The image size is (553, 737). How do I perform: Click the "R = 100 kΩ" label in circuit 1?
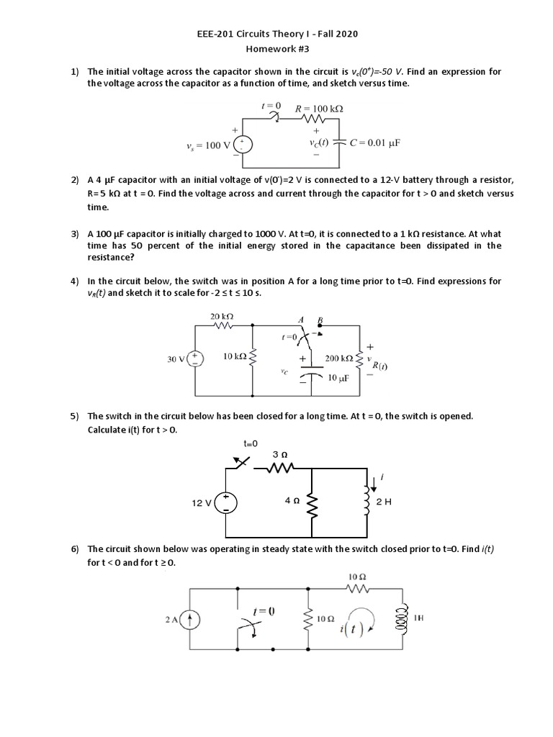(319, 109)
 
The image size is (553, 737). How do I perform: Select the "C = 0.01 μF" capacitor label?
(374, 143)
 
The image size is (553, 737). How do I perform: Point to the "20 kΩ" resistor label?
(221, 316)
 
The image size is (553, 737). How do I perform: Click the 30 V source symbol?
(196, 358)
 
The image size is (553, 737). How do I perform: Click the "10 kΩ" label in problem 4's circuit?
(235, 357)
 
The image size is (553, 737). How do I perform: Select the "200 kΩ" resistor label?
(338, 358)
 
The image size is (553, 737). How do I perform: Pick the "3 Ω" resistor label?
(281, 455)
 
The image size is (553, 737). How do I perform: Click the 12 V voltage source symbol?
(226, 502)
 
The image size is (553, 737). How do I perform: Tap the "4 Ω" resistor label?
(292, 500)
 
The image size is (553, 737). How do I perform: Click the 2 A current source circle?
(190, 618)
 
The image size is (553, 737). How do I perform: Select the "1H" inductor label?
(418, 617)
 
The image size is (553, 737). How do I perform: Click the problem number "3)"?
(74, 234)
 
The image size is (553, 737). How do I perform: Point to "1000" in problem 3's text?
(256, 234)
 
